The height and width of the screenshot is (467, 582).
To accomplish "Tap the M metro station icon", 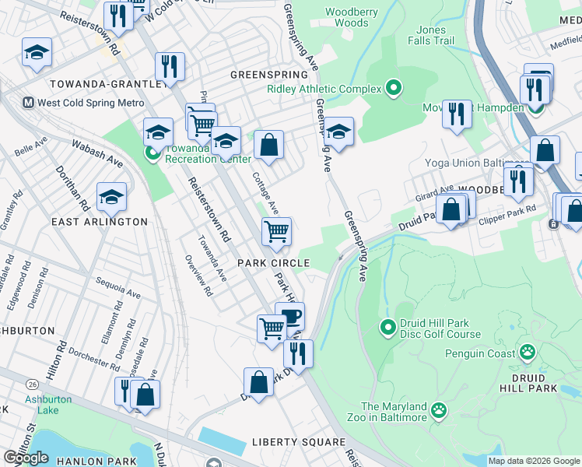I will [x=27, y=103].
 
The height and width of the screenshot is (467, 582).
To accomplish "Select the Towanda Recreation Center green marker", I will [x=153, y=154].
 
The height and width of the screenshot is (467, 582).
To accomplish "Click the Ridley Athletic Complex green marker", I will [x=394, y=89].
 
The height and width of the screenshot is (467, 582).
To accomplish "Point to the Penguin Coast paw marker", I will [x=528, y=353].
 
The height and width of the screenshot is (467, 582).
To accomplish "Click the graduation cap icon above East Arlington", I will [x=111, y=198].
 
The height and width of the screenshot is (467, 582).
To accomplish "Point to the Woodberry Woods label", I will [x=346, y=17].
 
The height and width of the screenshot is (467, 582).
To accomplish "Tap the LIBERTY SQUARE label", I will [x=298, y=442].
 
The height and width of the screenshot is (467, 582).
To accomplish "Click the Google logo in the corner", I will [x=26, y=458].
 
